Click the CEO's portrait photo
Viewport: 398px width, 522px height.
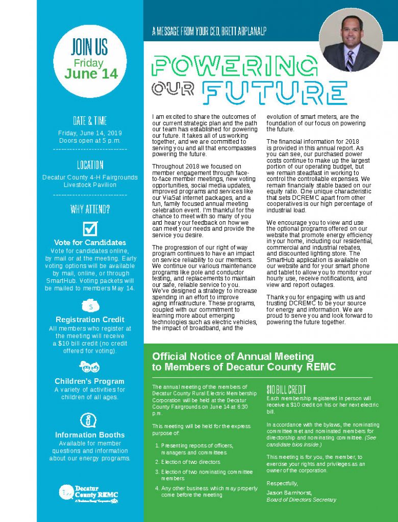(351, 40)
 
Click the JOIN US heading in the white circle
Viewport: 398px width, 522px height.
(89, 47)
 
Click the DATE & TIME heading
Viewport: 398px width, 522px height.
(90, 121)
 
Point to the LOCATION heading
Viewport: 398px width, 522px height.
(90, 165)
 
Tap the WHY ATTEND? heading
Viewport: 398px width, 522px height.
(90, 209)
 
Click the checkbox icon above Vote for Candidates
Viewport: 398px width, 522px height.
(90, 228)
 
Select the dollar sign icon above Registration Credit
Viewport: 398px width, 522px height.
(90, 306)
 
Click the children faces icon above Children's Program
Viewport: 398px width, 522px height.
(90, 367)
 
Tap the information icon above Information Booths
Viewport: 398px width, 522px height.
(89, 420)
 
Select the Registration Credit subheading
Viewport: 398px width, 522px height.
(90, 320)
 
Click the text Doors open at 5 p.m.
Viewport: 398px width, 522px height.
(90, 140)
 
